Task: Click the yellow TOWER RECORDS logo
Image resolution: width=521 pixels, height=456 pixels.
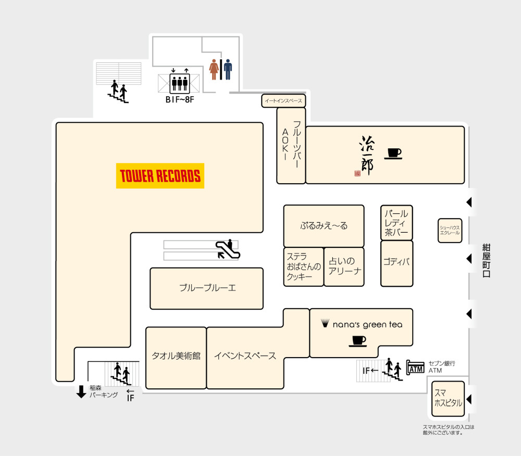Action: (x=160, y=176)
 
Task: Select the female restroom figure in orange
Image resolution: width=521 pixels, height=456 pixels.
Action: (x=214, y=69)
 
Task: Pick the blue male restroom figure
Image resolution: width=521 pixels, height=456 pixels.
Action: (x=228, y=69)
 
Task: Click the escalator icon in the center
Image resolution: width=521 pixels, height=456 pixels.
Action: (x=227, y=249)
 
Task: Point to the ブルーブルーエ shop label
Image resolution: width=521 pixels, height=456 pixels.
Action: (x=207, y=288)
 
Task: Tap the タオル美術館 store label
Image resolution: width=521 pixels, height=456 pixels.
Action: (x=176, y=356)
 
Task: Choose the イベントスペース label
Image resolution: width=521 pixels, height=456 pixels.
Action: (x=245, y=356)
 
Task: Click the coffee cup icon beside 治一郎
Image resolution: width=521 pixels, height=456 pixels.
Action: (x=394, y=153)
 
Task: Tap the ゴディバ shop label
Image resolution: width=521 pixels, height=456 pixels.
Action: (x=396, y=262)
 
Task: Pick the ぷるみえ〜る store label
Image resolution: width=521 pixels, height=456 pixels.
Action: (x=324, y=226)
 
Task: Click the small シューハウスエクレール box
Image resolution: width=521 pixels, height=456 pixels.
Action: (x=450, y=230)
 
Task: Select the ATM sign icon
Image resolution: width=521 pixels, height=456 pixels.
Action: (x=416, y=368)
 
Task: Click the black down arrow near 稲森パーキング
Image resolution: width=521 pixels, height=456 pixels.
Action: (x=81, y=391)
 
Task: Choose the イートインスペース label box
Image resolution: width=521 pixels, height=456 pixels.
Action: (x=283, y=101)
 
